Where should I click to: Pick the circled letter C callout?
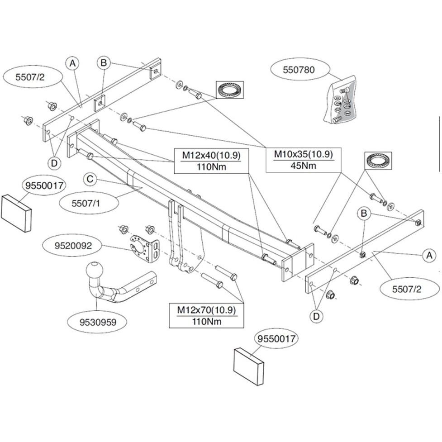[90, 180]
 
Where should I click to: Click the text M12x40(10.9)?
[211, 156]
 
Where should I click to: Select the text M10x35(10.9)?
[303, 154]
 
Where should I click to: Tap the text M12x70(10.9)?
[206, 310]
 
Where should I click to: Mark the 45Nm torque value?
[303, 166]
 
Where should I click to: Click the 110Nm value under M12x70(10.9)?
[206, 321]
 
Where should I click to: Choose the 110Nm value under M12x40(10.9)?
[211, 166]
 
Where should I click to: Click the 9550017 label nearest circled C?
[45, 185]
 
